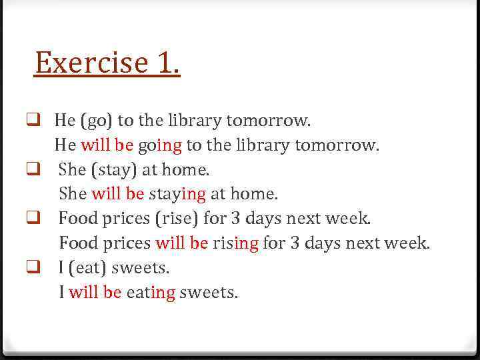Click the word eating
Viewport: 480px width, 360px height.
pyautogui.click(x=151, y=293)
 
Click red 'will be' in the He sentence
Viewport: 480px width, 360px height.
pyautogui.click(x=107, y=145)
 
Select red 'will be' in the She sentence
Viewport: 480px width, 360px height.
pyautogui.click(x=117, y=194)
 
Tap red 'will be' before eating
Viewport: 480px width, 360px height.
pyautogui.click(x=95, y=292)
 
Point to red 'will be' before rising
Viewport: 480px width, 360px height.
pyautogui.click(x=182, y=243)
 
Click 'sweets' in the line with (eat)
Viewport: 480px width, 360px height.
pyautogui.click(x=141, y=268)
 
